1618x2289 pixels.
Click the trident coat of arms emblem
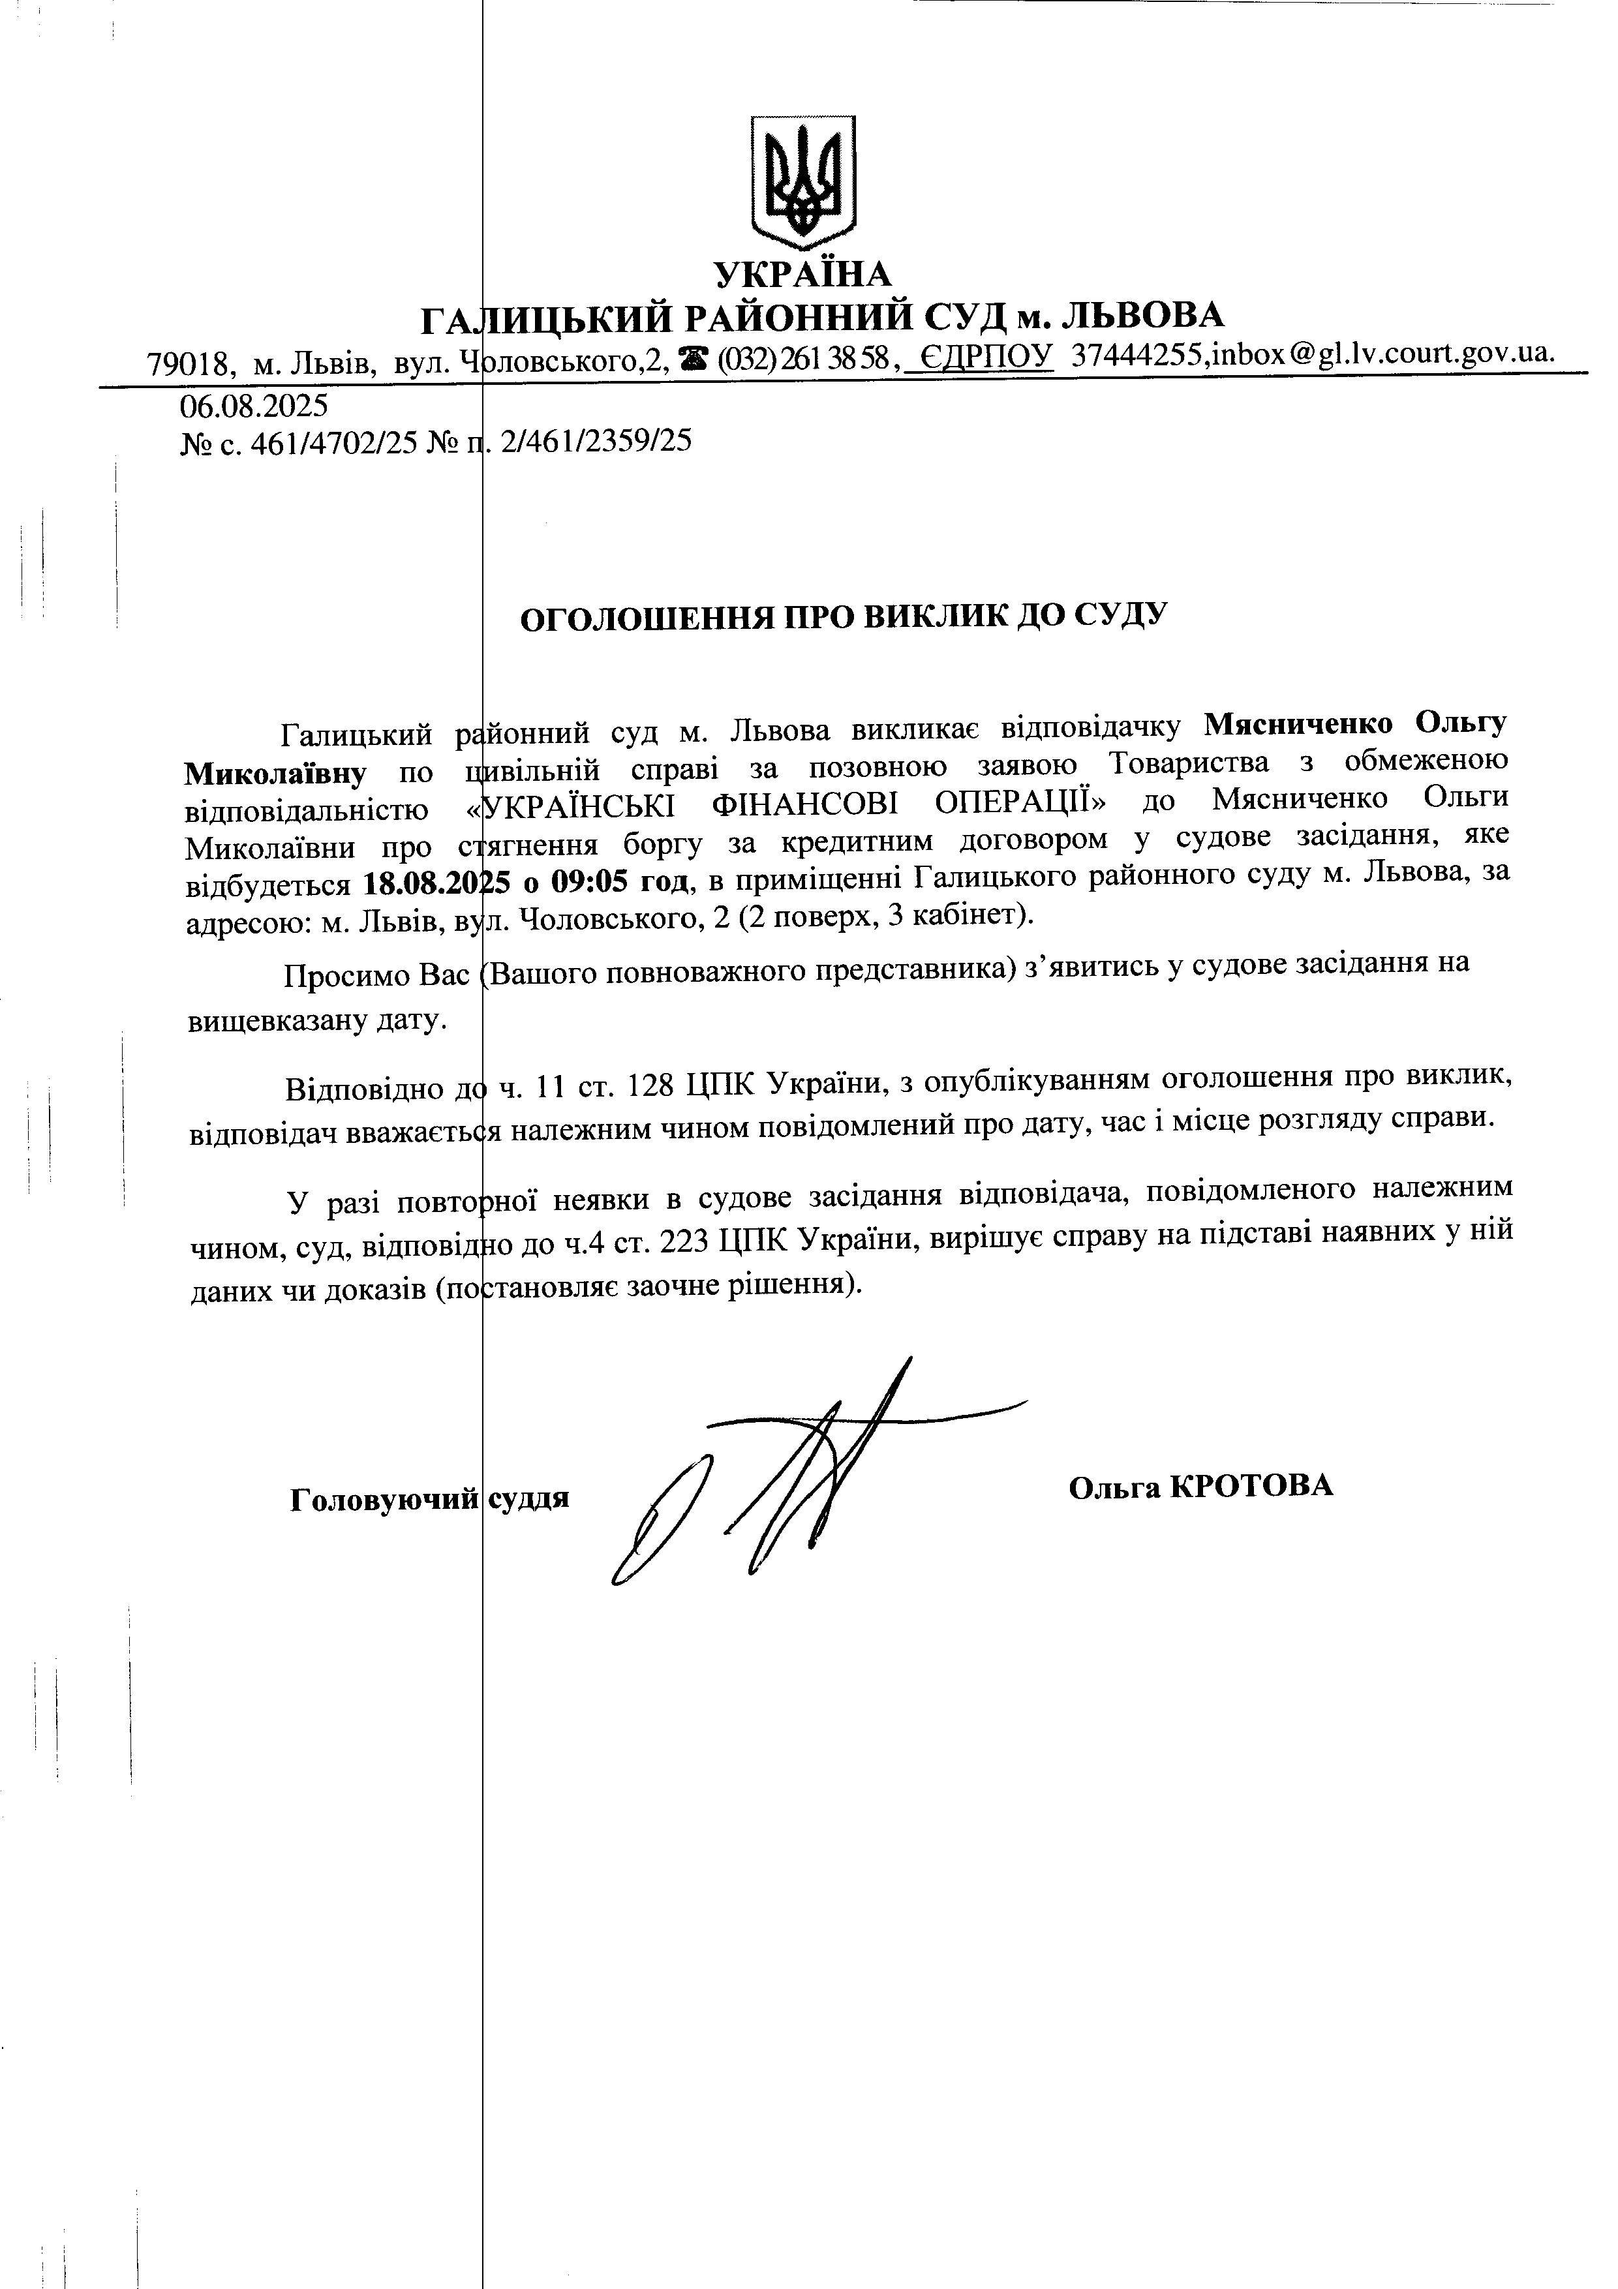coord(804,183)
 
